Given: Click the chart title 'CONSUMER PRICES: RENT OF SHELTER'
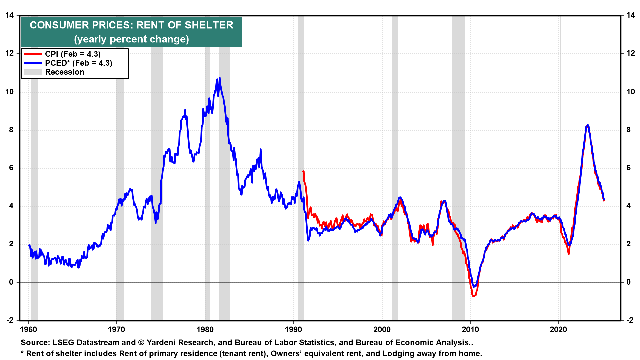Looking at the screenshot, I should [x=131, y=25].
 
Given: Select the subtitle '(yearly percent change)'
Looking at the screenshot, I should [x=131, y=39].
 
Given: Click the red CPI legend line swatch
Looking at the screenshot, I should [x=33, y=54].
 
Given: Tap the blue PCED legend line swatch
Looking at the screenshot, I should [x=33, y=63].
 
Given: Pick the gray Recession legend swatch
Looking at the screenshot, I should [x=33, y=72].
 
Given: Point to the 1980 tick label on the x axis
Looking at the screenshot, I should [x=205, y=330].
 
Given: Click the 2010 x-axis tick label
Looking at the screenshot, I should [x=470, y=330].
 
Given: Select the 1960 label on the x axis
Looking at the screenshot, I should [x=29, y=330].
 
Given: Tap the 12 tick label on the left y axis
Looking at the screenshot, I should [x=9, y=53].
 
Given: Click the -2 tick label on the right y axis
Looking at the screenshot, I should [x=630, y=320].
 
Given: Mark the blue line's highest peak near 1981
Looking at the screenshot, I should [x=219, y=78].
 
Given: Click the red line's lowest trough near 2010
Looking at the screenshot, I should [x=474, y=296].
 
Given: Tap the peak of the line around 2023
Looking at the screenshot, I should [x=587, y=125].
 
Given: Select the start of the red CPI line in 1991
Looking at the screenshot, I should [x=303, y=171].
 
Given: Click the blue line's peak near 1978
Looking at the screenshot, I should [x=185, y=110].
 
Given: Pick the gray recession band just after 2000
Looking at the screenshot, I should [x=395, y=167].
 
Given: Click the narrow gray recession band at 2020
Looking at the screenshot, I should [x=560, y=167].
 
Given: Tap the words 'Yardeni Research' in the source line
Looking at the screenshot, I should [x=180, y=343].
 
